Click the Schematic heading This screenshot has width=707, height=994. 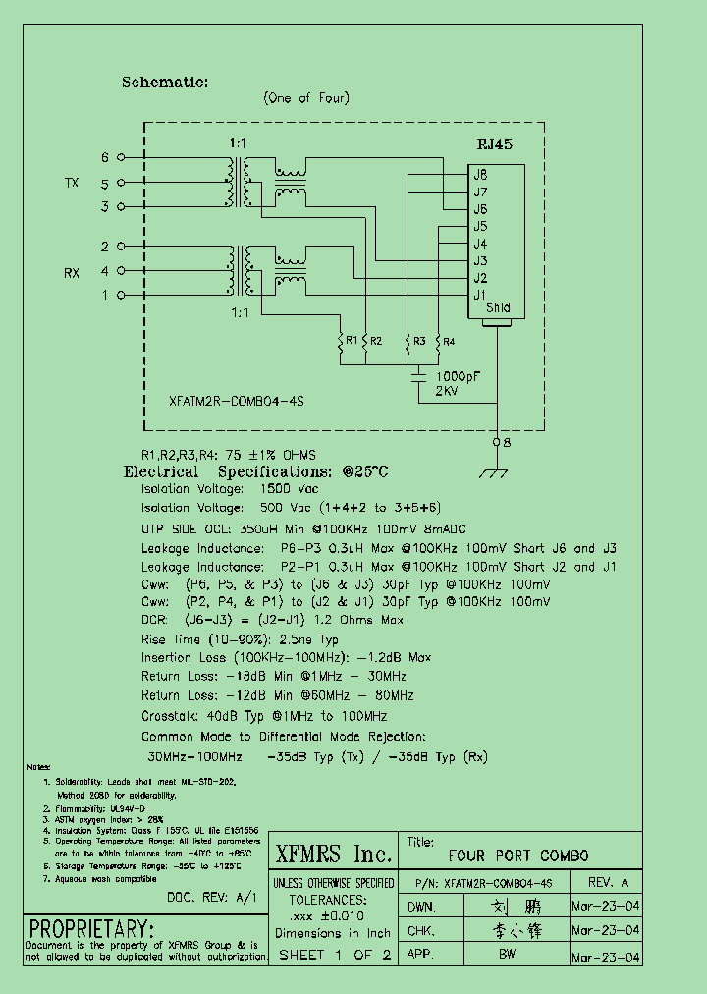point(165,83)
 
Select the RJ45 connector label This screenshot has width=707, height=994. point(494,143)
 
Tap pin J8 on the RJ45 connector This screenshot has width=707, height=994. point(480,175)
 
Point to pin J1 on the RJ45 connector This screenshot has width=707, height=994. point(480,295)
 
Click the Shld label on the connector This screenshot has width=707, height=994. point(498,308)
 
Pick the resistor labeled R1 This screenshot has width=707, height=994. point(341,342)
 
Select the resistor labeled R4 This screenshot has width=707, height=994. point(438,342)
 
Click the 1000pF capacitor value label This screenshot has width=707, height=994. point(457,376)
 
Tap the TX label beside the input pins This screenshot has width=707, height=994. point(72,184)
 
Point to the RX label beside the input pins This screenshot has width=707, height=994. point(72,273)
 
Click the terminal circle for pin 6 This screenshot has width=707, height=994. point(121,157)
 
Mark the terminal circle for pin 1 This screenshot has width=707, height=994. point(121,295)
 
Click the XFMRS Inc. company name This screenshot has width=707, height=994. point(333,853)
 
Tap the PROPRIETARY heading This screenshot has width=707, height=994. point(92,928)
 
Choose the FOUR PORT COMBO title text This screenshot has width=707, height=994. point(518,856)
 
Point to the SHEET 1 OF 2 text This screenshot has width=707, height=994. point(335,955)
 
